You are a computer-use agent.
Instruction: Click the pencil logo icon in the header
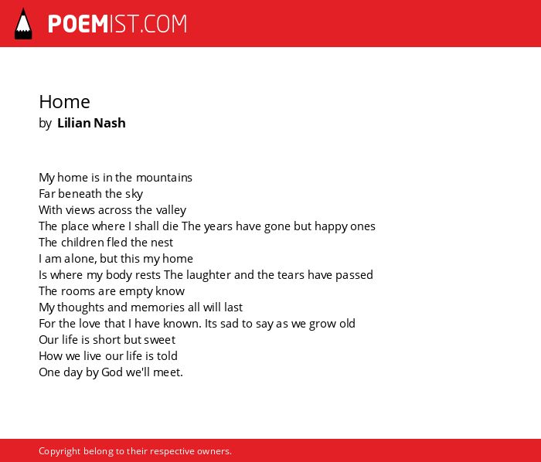pos(23,23)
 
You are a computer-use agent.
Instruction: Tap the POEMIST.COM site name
pos(117,24)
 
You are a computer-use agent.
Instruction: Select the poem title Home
pos(64,102)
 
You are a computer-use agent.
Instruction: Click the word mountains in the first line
pos(164,178)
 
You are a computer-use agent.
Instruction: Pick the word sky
pos(134,194)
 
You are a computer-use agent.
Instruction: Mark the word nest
pos(162,243)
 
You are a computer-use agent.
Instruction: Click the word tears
pos(290,275)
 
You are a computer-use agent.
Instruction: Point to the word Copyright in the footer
pos(60,451)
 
